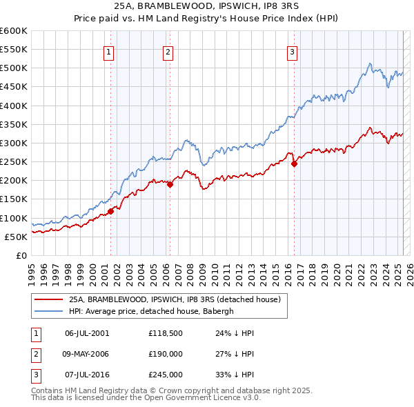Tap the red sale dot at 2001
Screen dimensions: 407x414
click(110, 211)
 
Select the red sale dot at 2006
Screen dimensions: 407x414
click(170, 184)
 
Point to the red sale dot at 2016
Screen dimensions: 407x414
click(294, 164)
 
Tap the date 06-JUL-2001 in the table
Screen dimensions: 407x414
click(86, 333)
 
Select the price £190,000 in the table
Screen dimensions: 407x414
click(166, 354)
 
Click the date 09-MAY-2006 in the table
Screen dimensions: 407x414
click(87, 354)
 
